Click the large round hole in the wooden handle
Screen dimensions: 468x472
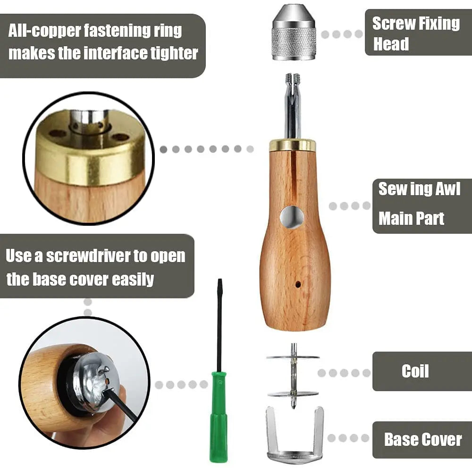292,217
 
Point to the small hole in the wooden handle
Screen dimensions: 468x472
298,285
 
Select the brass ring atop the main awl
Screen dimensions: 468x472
293,145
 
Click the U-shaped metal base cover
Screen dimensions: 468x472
294,436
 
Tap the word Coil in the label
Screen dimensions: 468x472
415,371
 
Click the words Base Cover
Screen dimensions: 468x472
422,440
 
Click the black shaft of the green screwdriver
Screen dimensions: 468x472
219,330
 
